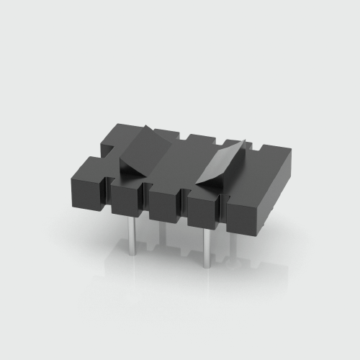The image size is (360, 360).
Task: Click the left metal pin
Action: point(132,235)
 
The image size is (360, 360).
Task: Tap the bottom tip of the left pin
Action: point(132,253)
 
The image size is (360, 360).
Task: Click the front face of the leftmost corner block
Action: point(86,188)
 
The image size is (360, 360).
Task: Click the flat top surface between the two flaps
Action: point(184,155)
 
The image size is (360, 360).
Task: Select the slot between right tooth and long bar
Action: point(222,205)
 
